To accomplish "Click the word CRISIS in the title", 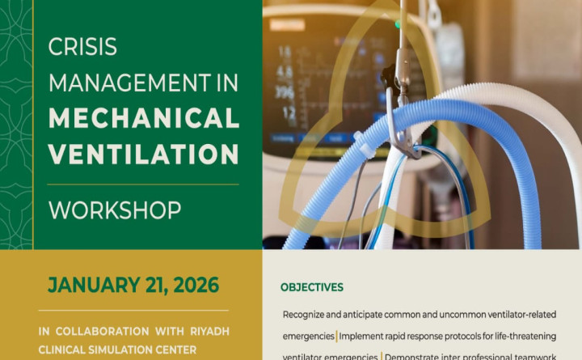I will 83,48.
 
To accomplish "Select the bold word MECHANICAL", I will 144,118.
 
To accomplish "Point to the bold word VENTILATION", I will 144,153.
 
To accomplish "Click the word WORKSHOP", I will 114,210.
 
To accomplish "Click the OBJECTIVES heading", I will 312,287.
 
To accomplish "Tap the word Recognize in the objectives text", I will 309,314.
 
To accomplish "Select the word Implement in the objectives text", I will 366,335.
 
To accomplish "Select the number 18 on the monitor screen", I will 284,51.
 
